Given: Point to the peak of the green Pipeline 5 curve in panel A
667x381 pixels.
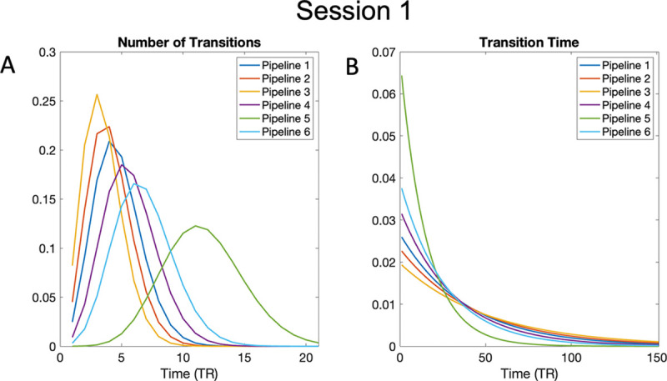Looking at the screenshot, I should [x=195, y=226].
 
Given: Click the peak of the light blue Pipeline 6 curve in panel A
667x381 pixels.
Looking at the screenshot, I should [x=135, y=184].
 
